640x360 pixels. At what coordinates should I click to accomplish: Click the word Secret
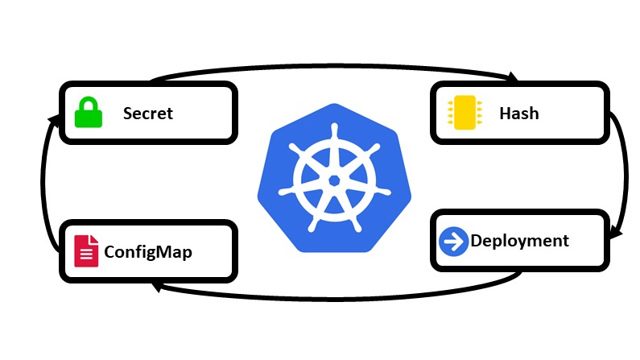[x=147, y=113]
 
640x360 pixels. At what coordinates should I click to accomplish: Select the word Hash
[x=518, y=113]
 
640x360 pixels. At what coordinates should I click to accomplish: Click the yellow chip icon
[x=464, y=113]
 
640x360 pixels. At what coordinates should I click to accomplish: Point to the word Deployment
[x=519, y=241]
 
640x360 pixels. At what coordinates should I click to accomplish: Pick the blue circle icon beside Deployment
[x=454, y=241]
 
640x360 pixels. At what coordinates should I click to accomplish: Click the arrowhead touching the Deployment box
[x=615, y=234]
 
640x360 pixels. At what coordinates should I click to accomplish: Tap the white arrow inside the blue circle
[x=454, y=241]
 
